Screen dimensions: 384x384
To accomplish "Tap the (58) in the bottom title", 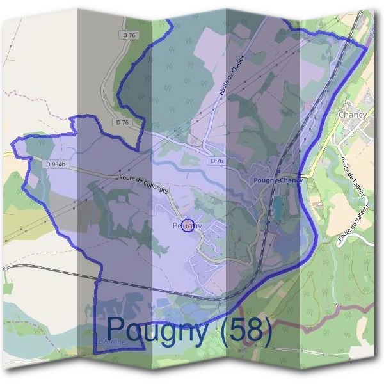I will [x=243, y=330].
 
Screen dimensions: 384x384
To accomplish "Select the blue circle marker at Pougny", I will [x=188, y=225].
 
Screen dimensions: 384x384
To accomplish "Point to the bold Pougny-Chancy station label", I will [x=278, y=180].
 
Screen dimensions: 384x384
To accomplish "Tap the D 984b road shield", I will [x=56, y=164].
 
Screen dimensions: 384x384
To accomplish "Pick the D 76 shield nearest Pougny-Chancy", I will [x=216, y=161].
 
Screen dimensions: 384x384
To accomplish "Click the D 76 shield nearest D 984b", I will [x=122, y=122].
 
